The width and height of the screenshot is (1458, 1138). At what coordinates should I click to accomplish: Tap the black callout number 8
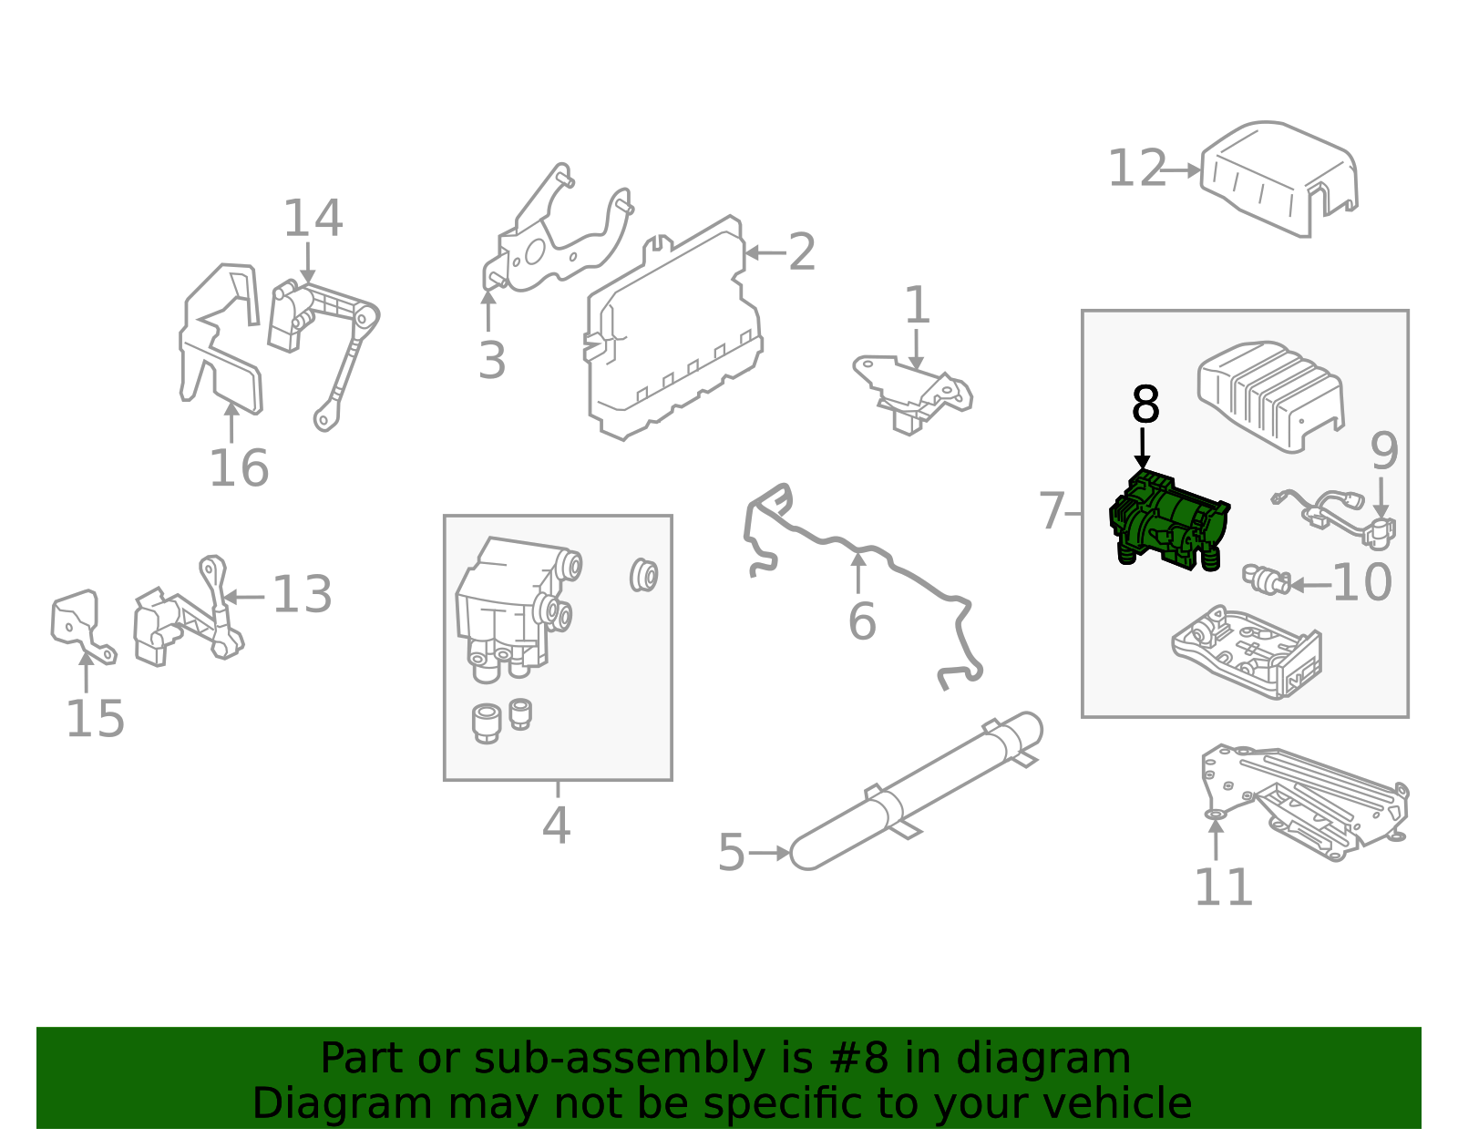(x=1145, y=405)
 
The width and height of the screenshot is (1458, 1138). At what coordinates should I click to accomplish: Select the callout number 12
(x=1136, y=169)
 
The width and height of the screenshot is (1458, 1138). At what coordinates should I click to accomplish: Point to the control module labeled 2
(x=674, y=333)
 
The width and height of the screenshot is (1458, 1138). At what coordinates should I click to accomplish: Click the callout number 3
(x=492, y=361)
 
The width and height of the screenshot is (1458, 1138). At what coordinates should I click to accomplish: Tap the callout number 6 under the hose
(x=861, y=622)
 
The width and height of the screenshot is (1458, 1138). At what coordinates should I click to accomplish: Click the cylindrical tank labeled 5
(x=916, y=789)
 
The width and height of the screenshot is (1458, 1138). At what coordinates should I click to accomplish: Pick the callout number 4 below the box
(x=556, y=826)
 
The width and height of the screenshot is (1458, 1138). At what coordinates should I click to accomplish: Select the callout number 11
(x=1223, y=887)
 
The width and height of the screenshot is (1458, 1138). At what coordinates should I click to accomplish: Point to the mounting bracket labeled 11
(x=1303, y=797)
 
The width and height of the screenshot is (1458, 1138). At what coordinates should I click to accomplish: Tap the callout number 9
(x=1383, y=451)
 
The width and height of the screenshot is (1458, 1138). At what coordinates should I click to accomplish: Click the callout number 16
(x=239, y=468)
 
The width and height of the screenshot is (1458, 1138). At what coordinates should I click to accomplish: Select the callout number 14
(x=313, y=219)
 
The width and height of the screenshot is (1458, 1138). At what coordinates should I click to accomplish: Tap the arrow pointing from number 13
(x=244, y=597)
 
